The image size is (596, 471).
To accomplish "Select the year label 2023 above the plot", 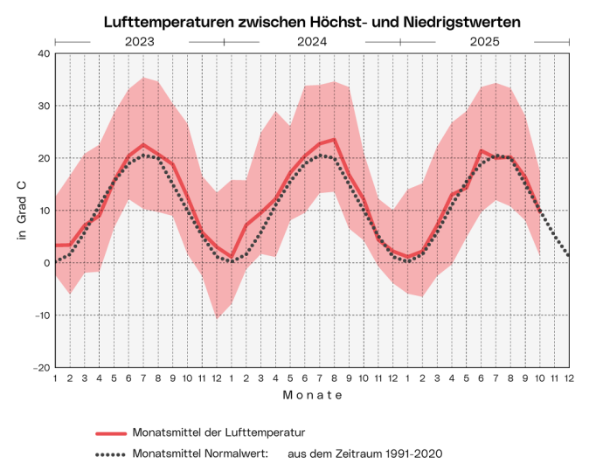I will [x=140, y=41].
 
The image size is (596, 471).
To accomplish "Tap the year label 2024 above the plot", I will [x=312, y=41].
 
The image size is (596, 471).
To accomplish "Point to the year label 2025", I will [x=485, y=41].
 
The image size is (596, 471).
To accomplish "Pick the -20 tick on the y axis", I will [x=39, y=368].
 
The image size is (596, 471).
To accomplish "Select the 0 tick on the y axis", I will [x=45, y=263].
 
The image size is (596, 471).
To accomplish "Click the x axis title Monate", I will [x=312, y=395].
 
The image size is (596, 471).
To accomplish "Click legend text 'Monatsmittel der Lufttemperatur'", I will [x=218, y=433].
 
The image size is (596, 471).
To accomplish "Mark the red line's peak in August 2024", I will [x=334, y=139].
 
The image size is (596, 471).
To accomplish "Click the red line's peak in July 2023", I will [x=143, y=144].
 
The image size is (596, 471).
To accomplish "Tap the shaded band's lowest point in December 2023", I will [x=217, y=318].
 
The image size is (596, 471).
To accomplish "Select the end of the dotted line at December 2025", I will [x=568, y=254].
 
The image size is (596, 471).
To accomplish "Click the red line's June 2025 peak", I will [x=481, y=150].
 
